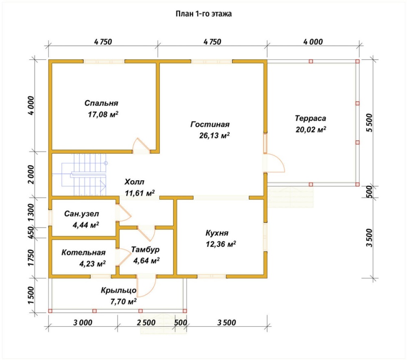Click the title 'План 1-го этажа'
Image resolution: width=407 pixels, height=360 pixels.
tap(204, 13)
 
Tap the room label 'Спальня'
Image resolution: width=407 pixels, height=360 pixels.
tap(101, 103)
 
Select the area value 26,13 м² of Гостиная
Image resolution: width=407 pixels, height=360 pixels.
tap(214, 135)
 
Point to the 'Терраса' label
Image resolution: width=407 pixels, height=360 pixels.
tap(311, 118)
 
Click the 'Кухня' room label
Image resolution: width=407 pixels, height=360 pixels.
tap(217, 233)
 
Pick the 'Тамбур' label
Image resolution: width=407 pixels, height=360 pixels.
tap(145, 249)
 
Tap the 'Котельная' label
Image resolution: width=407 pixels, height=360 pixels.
tap(83, 252)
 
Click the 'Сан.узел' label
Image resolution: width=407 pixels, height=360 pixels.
tap(81, 214)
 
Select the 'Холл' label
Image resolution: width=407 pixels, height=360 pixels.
tap(134, 181)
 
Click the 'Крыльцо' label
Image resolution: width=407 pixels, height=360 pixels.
tap(118, 290)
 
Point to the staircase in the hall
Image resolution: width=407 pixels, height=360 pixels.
tap(84, 174)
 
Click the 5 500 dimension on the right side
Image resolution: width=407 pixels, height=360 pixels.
tap(369, 123)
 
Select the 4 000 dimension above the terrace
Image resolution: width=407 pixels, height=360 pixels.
tap(313, 42)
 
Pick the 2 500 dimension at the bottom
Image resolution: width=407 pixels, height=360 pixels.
tap(146, 323)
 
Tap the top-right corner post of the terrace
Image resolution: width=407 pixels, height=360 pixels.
tap(357, 61)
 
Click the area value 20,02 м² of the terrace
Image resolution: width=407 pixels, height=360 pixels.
tap(311, 129)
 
